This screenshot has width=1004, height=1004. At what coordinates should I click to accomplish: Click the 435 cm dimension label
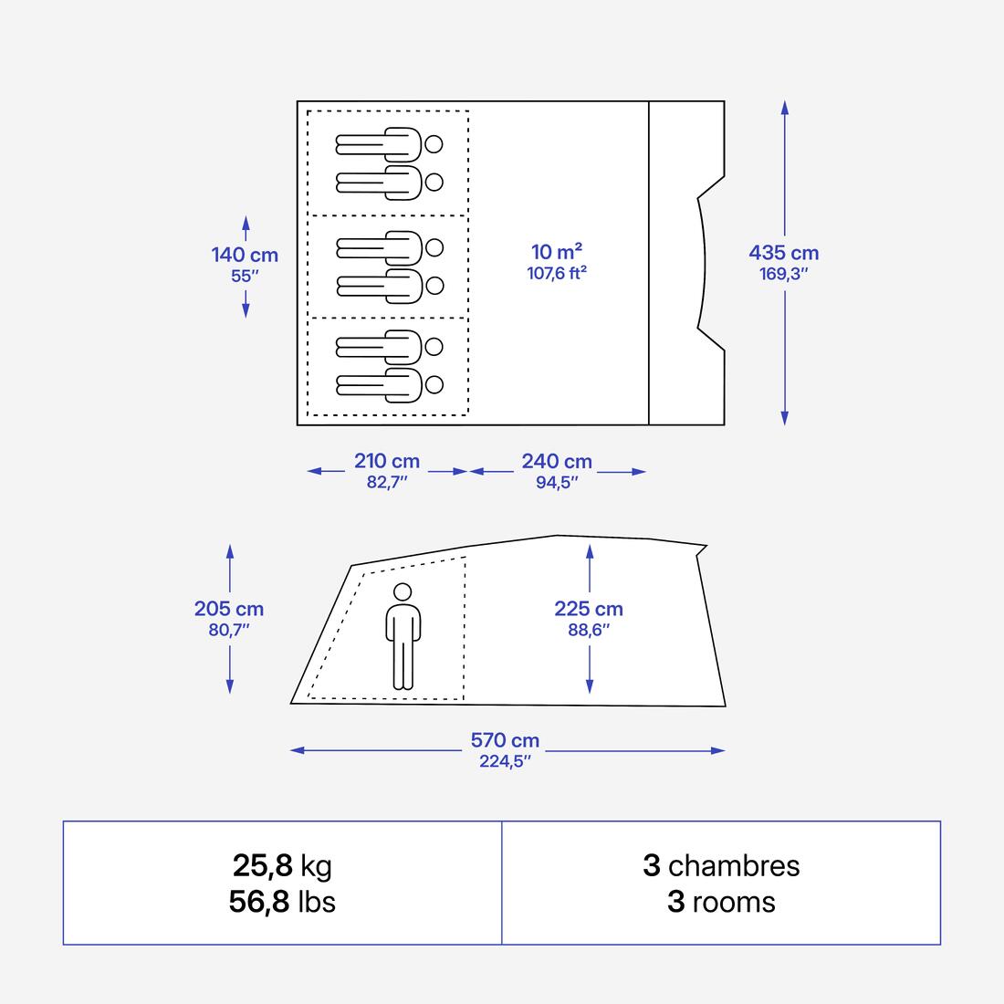click(x=784, y=253)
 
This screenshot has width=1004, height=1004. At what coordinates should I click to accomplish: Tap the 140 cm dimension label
click(x=245, y=255)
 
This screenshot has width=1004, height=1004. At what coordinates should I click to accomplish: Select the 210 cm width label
click(x=387, y=461)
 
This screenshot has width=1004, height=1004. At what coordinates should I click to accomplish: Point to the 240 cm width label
click(x=557, y=461)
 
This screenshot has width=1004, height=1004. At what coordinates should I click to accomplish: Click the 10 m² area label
click(x=557, y=252)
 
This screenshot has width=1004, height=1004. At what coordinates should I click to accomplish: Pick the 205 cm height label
click(x=228, y=608)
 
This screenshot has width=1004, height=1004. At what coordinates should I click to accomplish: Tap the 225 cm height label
click(x=589, y=608)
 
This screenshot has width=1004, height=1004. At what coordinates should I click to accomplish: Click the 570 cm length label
click(x=506, y=740)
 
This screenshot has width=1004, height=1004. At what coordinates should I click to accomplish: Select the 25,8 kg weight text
click(x=282, y=865)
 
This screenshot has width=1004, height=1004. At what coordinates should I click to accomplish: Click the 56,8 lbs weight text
click(x=282, y=902)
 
